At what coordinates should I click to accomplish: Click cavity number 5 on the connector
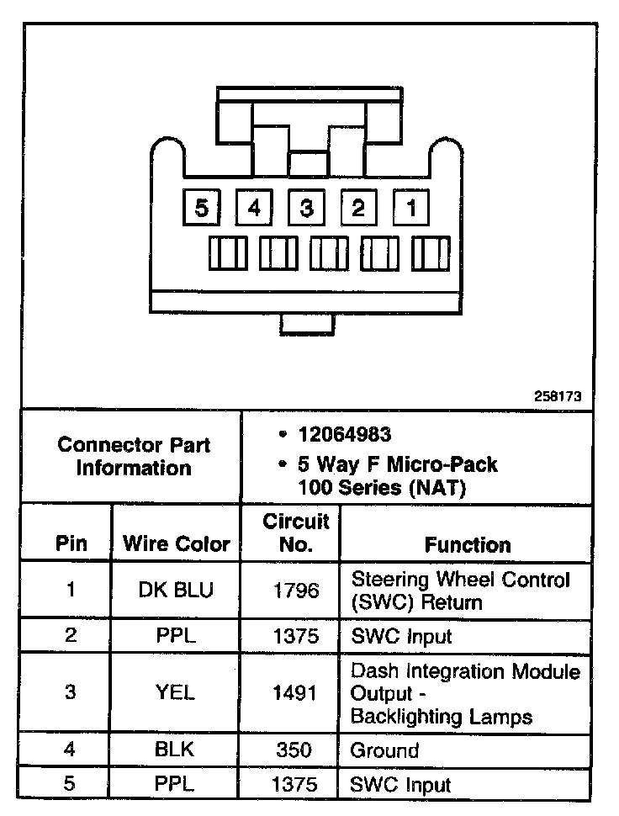(x=202, y=207)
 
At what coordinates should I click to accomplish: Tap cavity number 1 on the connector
(x=411, y=207)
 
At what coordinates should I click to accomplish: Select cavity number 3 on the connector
(x=307, y=207)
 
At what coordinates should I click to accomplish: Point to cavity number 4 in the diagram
(x=255, y=207)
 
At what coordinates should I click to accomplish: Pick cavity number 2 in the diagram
(x=359, y=207)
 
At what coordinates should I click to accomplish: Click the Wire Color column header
(x=177, y=543)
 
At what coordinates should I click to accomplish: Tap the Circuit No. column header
(x=296, y=533)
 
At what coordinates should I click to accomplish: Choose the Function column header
(x=468, y=544)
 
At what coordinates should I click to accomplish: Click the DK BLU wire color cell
(x=177, y=590)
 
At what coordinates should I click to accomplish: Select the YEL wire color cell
(x=177, y=693)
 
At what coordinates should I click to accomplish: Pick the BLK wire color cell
(x=177, y=750)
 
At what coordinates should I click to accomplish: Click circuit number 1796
(x=296, y=590)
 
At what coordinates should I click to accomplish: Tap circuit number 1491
(x=296, y=693)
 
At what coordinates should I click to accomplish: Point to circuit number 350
(x=296, y=750)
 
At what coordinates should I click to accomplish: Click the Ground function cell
(x=384, y=750)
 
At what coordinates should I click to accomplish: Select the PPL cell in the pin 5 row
(x=177, y=785)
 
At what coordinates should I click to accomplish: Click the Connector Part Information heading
(x=134, y=456)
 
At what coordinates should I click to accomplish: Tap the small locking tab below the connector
(x=307, y=323)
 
